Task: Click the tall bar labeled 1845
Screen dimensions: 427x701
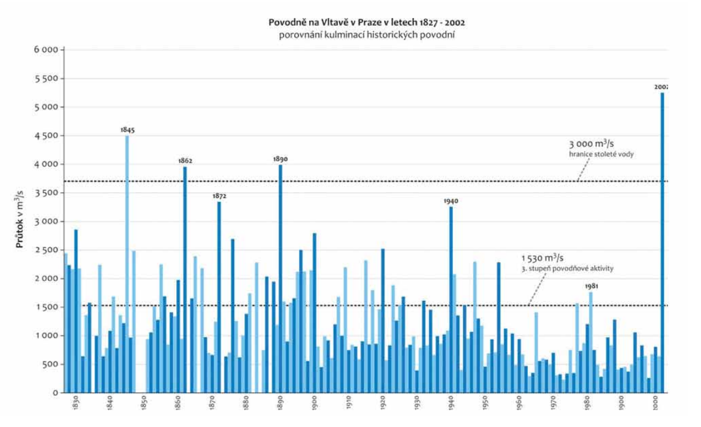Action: tap(127, 264)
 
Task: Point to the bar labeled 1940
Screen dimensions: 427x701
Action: tap(451, 299)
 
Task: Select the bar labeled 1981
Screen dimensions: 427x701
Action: tap(591, 342)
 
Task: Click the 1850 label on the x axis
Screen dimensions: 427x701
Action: tap(144, 405)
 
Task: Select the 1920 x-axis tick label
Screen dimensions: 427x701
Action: tap(383, 405)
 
